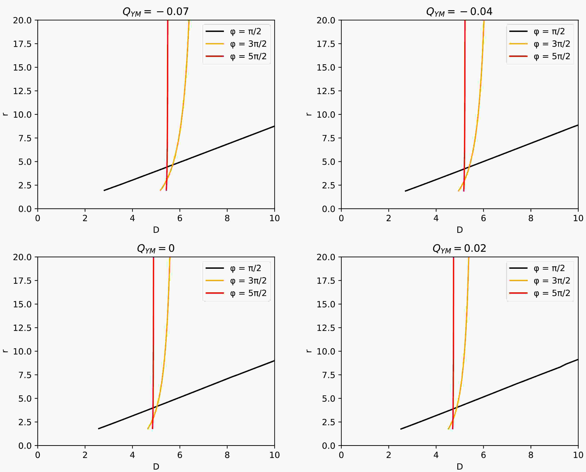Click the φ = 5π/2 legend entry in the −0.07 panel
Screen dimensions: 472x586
click(x=248, y=56)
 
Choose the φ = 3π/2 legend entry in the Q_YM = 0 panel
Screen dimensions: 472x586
click(x=248, y=281)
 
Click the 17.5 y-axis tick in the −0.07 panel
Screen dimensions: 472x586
click(x=22, y=44)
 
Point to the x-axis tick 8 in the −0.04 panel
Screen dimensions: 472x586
click(x=531, y=218)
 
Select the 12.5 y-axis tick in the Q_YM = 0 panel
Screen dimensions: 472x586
click(x=22, y=328)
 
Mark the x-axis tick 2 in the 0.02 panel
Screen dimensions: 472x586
click(x=389, y=455)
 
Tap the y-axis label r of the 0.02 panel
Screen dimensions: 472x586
click(x=308, y=351)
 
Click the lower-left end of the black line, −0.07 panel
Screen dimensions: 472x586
click(x=104, y=190)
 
